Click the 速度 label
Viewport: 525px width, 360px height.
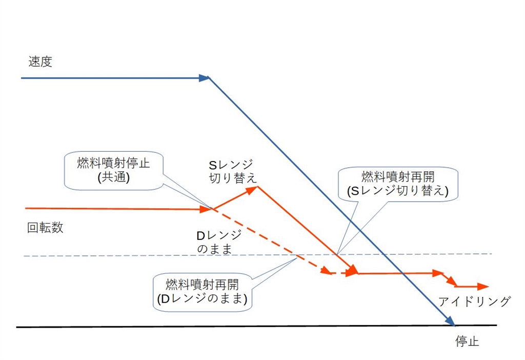(41, 62)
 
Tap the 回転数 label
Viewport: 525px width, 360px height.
(45, 228)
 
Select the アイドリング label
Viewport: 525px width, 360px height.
(474, 302)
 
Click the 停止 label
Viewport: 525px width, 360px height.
(467, 342)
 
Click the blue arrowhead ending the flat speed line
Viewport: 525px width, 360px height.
(205, 78)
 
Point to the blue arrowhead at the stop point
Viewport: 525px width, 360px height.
(451, 322)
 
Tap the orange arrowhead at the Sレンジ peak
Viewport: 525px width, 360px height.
(252, 189)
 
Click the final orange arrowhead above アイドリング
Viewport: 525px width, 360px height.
(483, 287)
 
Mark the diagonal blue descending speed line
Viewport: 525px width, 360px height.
(328, 200)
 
